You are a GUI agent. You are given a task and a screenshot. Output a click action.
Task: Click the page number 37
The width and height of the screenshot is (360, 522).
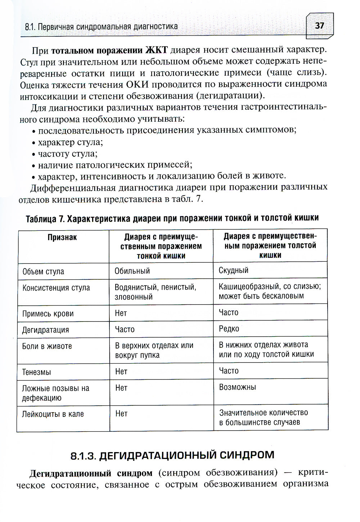319,26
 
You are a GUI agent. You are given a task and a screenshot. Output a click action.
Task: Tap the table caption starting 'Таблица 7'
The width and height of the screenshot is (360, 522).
172,219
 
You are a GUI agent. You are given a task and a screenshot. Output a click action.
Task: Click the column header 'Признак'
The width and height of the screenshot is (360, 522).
62,238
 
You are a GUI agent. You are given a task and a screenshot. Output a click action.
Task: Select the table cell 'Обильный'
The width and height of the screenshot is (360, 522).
132,271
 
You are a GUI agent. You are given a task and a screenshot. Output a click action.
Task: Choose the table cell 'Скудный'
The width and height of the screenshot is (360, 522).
233,270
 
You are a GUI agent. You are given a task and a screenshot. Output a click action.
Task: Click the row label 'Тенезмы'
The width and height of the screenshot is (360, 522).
36,372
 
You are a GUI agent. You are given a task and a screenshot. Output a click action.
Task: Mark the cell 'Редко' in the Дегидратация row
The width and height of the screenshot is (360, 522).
229,329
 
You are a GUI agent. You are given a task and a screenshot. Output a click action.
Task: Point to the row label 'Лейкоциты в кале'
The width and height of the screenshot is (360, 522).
53,414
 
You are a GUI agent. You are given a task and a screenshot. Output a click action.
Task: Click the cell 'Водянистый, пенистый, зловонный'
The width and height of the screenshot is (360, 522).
155,292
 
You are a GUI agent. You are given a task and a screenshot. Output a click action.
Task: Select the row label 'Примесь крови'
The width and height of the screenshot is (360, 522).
48,314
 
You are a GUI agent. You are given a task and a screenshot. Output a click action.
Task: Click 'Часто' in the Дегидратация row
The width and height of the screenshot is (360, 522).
125,329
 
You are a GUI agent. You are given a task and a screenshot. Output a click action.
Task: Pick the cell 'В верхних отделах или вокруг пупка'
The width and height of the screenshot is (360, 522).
154,350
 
